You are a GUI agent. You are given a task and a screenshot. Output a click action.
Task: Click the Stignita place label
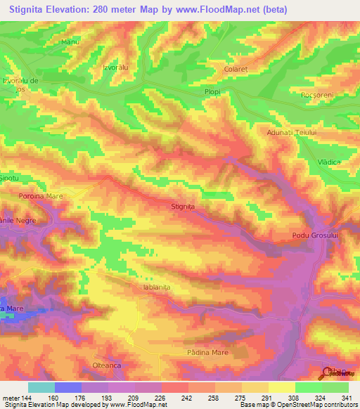click(x=183, y=207)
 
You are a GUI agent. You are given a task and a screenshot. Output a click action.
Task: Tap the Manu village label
click(x=70, y=43)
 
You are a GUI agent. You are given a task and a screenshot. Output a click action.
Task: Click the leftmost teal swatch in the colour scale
click(x=41, y=387)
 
